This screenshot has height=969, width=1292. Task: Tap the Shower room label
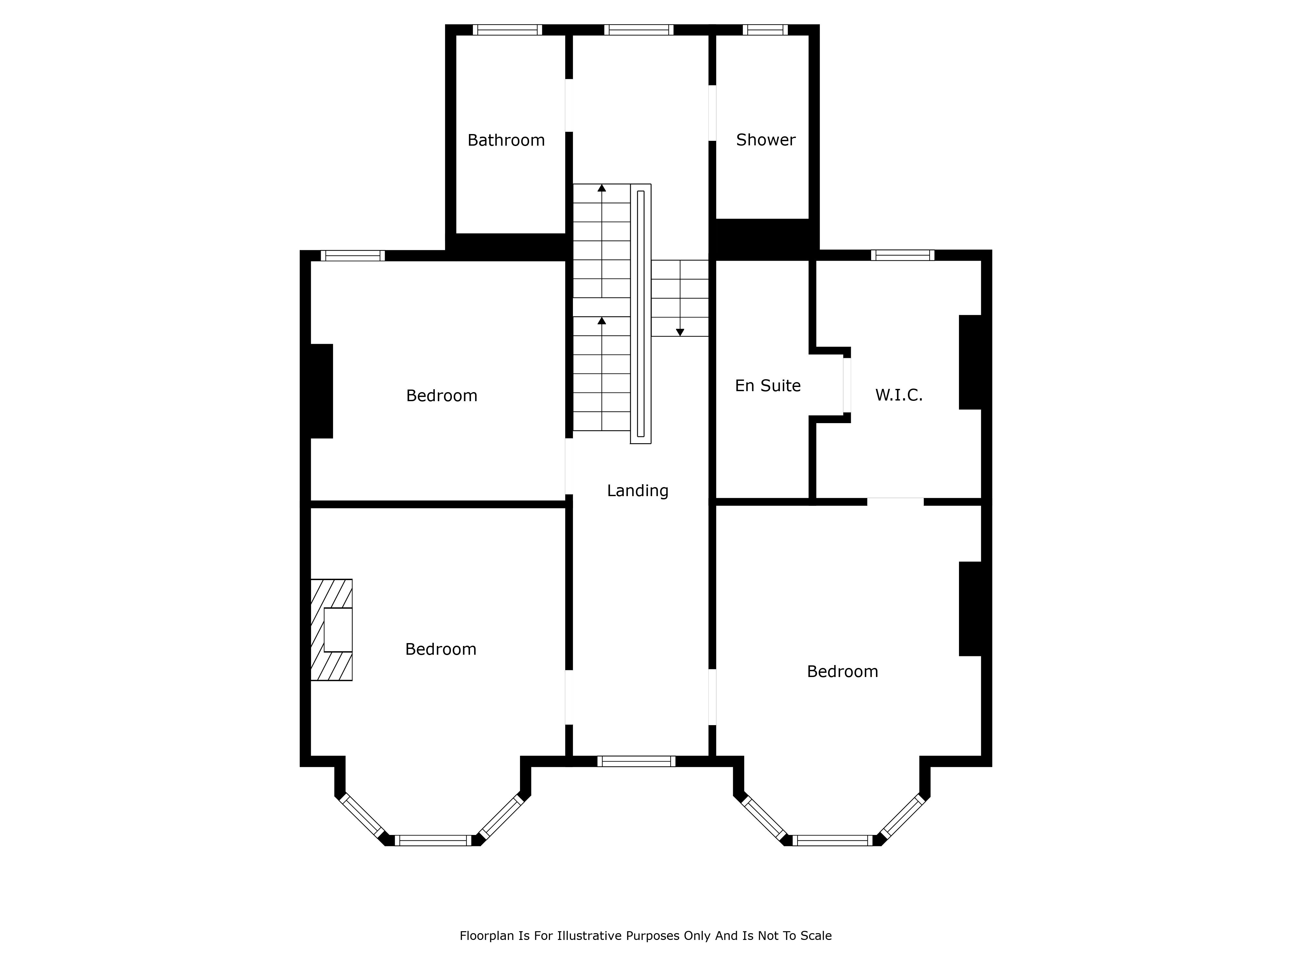pos(766,140)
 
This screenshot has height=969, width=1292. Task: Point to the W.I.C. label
pos(898,395)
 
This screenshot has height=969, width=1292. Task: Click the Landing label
pos(638,491)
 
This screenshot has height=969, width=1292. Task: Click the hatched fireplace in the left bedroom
pos(331,630)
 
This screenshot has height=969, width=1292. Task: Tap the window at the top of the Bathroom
pos(507,30)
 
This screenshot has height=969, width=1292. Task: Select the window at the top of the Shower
pos(765,30)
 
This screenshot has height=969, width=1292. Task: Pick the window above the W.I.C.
pos(902,255)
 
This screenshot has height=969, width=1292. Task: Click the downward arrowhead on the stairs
pos(680,332)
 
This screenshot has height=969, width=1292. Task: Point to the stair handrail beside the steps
pos(641,314)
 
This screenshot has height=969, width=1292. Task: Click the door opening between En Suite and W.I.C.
pos(847,385)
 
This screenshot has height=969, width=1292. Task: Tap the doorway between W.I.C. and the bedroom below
pos(895,502)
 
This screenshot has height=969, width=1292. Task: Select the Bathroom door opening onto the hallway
pos(569,105)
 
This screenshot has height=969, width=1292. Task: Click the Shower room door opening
pos(712,113)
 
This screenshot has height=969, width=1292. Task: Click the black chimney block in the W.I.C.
pos(970,362)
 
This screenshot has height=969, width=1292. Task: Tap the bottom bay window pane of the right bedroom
pos(832,840)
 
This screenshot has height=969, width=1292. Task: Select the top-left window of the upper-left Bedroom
pos(353,255)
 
